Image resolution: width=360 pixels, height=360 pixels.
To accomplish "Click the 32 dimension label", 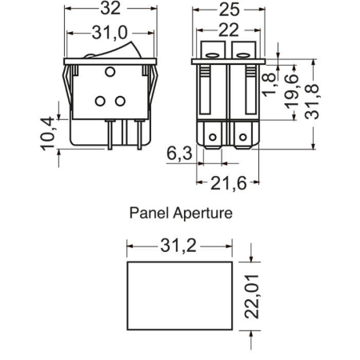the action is tap(110, 9).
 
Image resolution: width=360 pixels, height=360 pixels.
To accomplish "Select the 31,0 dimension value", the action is tap(110, 33).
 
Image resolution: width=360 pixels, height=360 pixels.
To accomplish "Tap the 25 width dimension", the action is tap(229, 10).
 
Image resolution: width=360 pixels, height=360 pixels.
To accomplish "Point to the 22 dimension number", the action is tap(229, 30).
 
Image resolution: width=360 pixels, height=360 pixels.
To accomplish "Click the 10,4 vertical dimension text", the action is tap(48, 134).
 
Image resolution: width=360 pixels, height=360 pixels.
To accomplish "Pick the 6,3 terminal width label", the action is tap(179, 154).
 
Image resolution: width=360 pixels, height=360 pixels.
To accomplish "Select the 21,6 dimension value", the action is tap(229, 183).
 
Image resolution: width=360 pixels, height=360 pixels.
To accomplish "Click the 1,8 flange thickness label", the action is tap(270, 85).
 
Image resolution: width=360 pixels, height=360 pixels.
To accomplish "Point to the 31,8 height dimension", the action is tap(312, 102).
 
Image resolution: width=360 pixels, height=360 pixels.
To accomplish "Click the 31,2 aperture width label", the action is tap(178, 246).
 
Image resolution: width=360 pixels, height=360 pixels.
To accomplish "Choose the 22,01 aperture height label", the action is tap(252, 296).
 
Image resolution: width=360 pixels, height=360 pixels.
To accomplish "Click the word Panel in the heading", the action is tap(149, 213).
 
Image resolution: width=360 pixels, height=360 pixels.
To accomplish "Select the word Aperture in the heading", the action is tap(202, 214).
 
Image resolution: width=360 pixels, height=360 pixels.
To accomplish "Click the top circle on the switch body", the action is tap(110, 72).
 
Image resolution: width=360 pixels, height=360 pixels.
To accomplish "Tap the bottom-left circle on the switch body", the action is tap(100, 101).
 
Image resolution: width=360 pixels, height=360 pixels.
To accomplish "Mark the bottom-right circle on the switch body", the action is tap(120, 101).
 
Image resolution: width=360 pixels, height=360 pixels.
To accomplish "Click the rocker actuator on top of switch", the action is tap(114, 50).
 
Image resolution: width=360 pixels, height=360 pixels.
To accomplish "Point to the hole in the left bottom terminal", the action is tap(213, 138).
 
